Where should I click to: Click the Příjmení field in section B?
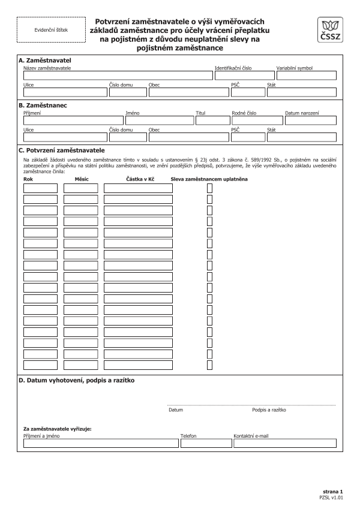72,120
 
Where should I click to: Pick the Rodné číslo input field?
256,120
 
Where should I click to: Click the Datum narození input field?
310,120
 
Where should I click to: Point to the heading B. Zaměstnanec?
43,105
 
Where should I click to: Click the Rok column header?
28,179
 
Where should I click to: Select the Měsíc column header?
82,179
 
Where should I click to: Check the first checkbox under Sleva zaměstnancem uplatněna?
209,188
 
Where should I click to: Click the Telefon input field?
204,444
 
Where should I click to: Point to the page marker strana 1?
333,491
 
